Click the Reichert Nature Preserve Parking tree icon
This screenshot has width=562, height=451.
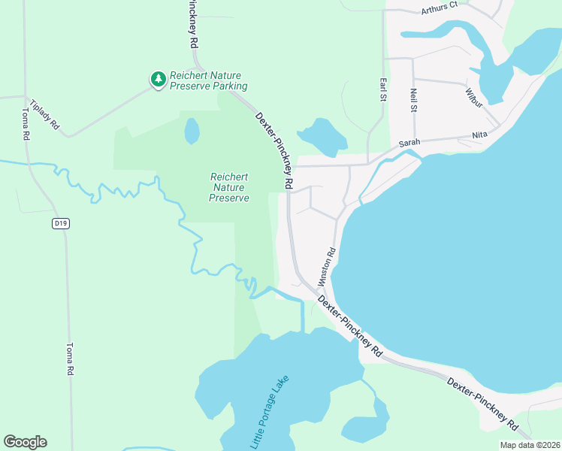click(x=158, y=79)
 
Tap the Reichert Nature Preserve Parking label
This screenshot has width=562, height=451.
click(x=208, y=81)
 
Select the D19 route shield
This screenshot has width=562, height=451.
click(x=61, y=223)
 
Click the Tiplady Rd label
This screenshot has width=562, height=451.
click(x=44, y=114)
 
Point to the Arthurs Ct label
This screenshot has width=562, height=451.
click(x=440, y=8)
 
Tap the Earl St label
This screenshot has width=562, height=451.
click(x=383, y=89)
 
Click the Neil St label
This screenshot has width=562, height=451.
click(x=413, y=99)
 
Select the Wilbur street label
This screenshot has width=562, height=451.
click(x=473, y=98)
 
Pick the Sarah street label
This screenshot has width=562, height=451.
click(x=409, y=142)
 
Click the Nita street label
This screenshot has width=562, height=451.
click(x=479, y=135)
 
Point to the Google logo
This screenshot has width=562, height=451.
click(x=25, y=442)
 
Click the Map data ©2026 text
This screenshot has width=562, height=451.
click(x=530, y=445)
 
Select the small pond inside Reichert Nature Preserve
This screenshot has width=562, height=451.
click(x=192, y=131)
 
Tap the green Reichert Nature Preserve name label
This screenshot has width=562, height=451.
click(x=229, y=187)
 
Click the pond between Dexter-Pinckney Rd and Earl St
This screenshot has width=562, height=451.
click(x=323, y=135)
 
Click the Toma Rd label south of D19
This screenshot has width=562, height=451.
click(x=69, y=359)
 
